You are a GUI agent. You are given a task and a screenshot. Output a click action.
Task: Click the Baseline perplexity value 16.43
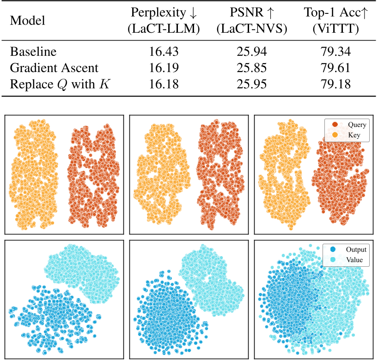(x=164, y=51)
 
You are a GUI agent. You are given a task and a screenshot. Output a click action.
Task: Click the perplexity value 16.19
(x=164, y=68)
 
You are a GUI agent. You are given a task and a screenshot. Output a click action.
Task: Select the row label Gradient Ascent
(x=54, y=68)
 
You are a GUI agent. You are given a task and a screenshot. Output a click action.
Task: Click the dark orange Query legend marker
(x=334, y=125)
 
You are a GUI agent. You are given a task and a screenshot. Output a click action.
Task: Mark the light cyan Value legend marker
(x=333, y=260)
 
